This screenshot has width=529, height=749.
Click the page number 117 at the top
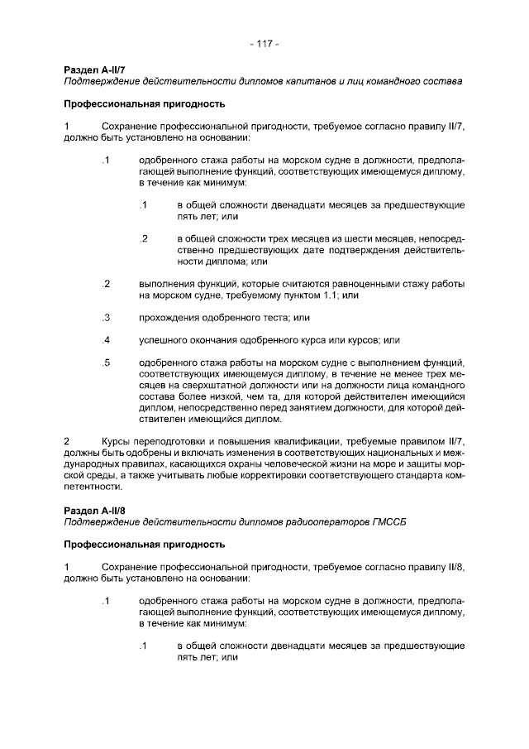(264, 43)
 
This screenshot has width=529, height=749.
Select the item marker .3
(106, 317)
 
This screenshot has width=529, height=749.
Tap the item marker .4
(106, 339)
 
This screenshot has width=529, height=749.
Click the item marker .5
(106, 362)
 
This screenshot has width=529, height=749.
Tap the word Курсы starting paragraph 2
(117, 442)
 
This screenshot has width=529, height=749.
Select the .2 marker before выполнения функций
(106, 284)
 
